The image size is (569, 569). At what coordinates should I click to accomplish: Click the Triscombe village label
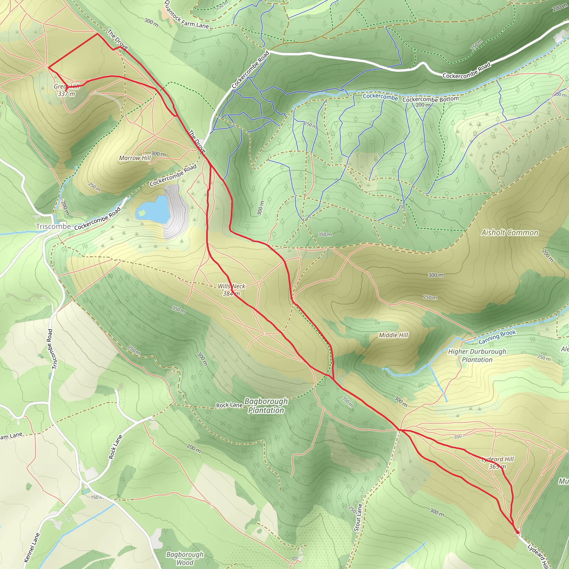[53, 226]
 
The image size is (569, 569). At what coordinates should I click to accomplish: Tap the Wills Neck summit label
[231, 290]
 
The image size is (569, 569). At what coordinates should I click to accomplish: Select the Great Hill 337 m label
[67, 90]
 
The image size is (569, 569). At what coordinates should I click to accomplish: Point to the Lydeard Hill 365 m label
[497, 463]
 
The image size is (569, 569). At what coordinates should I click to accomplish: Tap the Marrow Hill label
[134, 158]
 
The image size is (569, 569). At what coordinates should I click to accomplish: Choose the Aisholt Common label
[510, 233]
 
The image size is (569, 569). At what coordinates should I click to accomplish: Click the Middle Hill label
[393, 335]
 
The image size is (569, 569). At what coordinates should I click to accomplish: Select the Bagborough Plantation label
[266, 406]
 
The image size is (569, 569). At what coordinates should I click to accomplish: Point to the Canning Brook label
[497, 337]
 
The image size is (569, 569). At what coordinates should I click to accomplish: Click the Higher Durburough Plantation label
[477, 355]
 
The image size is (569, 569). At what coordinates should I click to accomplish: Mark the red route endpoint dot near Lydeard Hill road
[517, 532]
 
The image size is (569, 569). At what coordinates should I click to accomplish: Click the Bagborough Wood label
[185, 558]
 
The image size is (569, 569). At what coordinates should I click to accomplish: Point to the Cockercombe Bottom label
[430, 99]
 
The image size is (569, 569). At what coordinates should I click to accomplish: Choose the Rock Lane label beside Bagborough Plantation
[229, 405]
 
